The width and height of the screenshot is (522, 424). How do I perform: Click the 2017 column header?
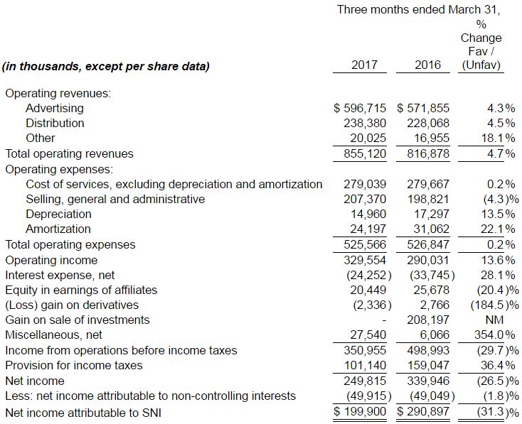tap(364, 65)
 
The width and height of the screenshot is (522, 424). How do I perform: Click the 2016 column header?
tap(427, 65)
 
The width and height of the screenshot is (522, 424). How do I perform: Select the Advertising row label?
tap(54, 108)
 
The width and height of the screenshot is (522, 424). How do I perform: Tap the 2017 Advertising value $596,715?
tap(360, 108)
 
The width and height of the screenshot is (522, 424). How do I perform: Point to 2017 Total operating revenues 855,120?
tap(364, 153)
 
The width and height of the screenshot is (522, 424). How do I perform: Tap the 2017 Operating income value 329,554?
tap(364, 259)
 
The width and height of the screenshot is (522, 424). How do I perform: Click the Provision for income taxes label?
tap(74, 365)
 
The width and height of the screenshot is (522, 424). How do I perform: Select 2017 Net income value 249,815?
tap(364, 380)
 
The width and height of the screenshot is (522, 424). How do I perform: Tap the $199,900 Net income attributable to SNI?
tap(360, 412)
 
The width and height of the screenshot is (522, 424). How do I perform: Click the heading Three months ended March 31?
tap(419, 10)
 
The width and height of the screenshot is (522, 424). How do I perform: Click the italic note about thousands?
tap(106, 67)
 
